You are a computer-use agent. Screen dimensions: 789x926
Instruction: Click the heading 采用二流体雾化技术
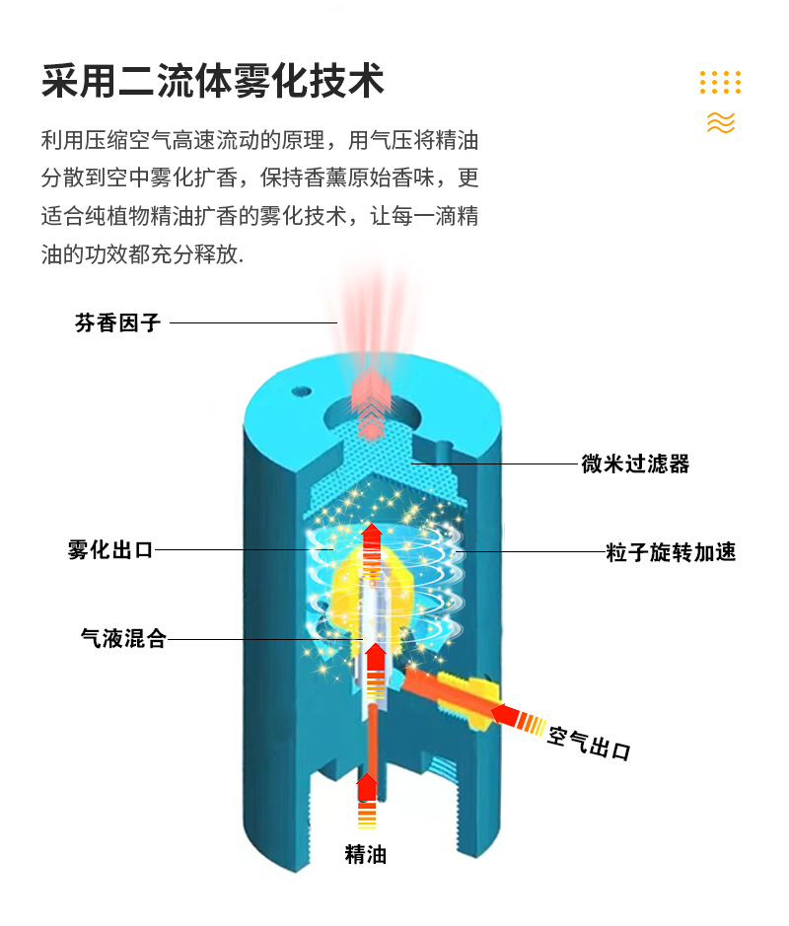pyautogui.click(x=212, y=80)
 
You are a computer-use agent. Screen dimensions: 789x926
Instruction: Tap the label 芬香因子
pyautogui.click(x=117, y=322)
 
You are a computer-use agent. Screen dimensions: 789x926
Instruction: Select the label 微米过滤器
pyautogui.click(x=635, y=463)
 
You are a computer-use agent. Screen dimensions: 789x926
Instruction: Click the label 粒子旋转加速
pyautogui.click(x=671, y=552)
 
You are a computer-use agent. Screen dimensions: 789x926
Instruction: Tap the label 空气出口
pyautogui.click(x=589, y=742)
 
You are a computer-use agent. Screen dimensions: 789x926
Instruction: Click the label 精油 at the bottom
pyautogui.click(x=366, y=854)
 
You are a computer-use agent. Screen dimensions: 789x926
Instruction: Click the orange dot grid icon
pyautogui.click(x=720, y=82)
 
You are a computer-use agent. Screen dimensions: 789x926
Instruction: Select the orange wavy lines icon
pyautogui.click(x=721, y=122)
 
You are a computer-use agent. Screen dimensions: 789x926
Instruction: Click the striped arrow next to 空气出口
pyautogui.click(x=518, y=719)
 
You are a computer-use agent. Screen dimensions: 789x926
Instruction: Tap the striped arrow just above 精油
pyautogui.click(x=367, y=802)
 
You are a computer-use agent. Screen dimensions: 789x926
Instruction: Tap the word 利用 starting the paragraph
pyautogui.click(x=57, y=139)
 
